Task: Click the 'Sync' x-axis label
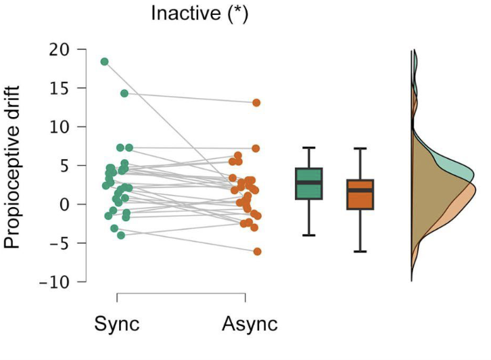[x=117, y=323]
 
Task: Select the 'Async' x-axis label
[x=250, y=323]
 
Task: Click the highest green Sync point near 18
[x=105, y=62]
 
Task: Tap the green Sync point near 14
[x=124, y=93]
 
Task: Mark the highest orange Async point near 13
[x=257, y=103]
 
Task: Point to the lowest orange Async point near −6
[x=257, y=252]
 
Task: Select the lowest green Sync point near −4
[x=121, y=235]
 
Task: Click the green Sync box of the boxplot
[x=309, y=183]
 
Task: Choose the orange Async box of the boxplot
[x=360, y=194]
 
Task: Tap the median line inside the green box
[x=309, y=183]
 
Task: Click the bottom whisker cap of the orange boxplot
[x=360, y=252]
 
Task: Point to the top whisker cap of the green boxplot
[x=309, y=148]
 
